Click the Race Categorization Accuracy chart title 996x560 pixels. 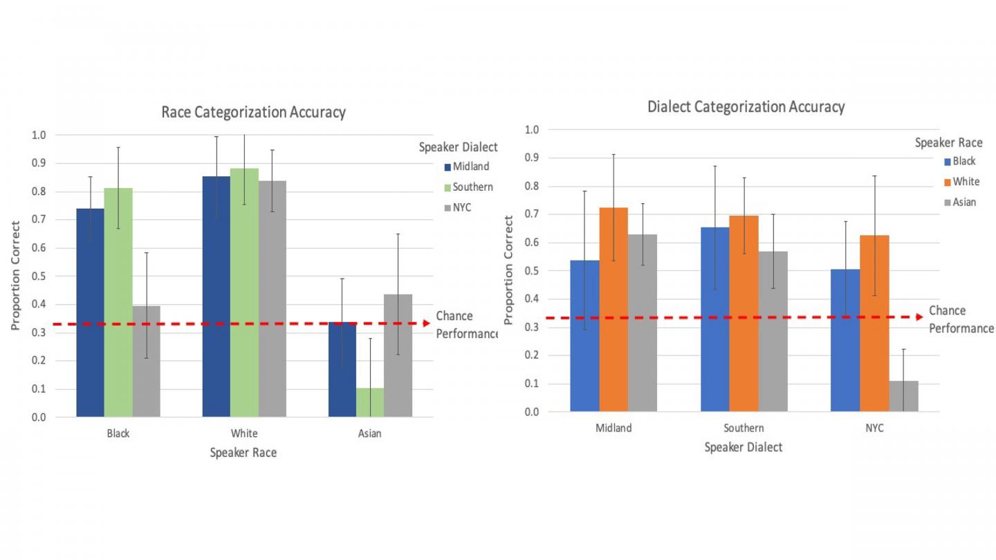(253, 112)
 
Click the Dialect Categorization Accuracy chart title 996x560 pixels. (746, 106)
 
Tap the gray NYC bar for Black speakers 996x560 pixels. (146, 361)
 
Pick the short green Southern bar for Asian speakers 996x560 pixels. (369, 402)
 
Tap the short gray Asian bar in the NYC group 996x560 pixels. (903, 396)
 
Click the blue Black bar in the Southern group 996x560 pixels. (714, 319)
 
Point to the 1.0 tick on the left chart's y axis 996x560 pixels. (38, 136)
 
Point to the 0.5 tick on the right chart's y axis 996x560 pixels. (531, 271)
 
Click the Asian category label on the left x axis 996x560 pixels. (369, 434)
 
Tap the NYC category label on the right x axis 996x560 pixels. (874, 428)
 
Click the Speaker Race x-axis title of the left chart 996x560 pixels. (243, 453)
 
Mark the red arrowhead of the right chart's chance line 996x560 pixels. (919, 317)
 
